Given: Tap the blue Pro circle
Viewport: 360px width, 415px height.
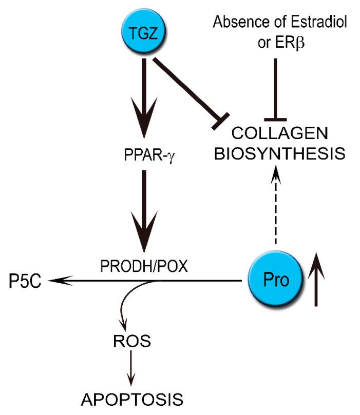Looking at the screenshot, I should coord(275,280).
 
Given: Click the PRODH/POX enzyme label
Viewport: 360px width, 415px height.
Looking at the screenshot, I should coord(144,267).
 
